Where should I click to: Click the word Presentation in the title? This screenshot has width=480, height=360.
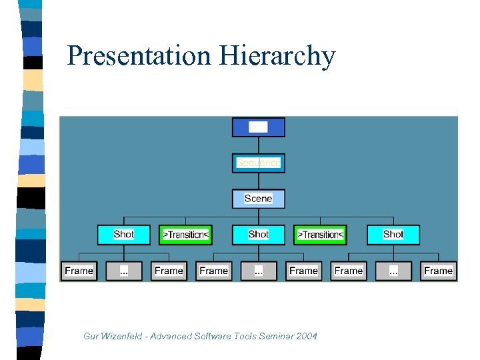(139, 56)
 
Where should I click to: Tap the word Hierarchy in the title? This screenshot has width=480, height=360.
(277, 56)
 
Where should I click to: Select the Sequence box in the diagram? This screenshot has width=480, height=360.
(258, 163)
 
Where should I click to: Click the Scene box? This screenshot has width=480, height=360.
(258, 199)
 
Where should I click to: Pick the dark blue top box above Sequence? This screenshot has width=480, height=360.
(258, 127)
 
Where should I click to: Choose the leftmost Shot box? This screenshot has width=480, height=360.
(123, 235)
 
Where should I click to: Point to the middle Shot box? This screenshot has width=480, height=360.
(258, 235)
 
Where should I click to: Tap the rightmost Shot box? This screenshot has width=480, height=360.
(393, 235)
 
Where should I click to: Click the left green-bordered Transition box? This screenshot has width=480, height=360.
(186, 235)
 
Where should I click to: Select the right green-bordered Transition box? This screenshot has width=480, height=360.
(320, 235)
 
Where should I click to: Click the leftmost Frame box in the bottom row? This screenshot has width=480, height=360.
(79, 271)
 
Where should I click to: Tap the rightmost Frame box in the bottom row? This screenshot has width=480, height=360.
(438, 271)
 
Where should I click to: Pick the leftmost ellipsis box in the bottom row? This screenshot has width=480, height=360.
(124, 271)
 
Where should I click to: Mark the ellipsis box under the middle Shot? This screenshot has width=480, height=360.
(259, 271)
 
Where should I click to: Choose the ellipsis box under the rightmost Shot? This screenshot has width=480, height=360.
(393, 271)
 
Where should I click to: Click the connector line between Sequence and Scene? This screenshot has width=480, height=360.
(258, 181)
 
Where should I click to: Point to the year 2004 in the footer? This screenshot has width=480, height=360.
(306, 336)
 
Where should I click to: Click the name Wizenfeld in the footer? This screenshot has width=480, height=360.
(122, 336)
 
